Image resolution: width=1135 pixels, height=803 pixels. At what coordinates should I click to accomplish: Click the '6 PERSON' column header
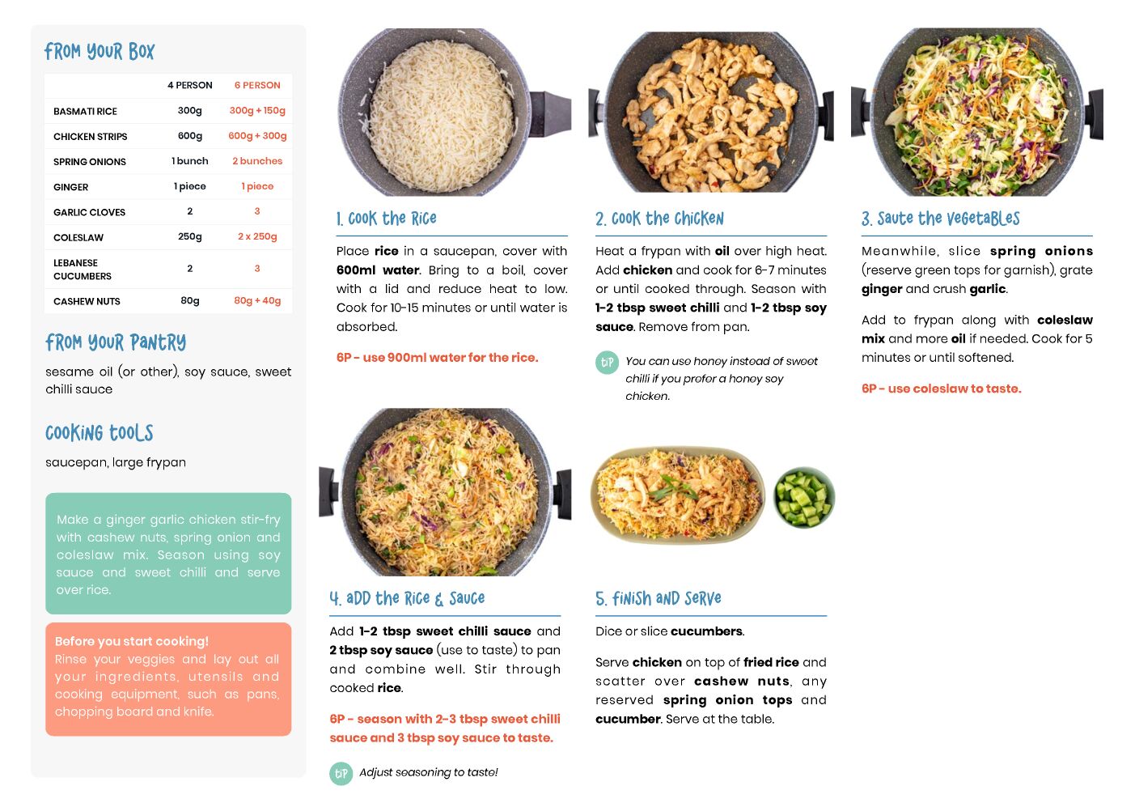257,85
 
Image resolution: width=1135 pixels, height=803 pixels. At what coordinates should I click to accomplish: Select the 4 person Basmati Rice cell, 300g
189,111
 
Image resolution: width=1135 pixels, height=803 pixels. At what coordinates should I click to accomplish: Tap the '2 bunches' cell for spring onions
257,161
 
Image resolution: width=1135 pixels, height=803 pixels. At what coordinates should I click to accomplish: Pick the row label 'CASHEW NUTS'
87,301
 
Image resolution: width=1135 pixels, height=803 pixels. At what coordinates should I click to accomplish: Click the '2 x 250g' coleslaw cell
257,236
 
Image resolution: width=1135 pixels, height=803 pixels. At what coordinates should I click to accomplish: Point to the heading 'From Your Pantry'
116,342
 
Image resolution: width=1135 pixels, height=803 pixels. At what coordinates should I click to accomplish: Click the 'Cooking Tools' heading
99,433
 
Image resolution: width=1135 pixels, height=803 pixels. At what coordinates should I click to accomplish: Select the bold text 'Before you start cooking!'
132,641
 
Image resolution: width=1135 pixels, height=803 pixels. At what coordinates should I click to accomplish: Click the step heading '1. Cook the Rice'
386,219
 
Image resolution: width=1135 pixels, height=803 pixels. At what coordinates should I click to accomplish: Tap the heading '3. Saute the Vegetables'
940,219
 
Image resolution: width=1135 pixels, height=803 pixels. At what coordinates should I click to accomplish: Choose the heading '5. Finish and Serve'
659,599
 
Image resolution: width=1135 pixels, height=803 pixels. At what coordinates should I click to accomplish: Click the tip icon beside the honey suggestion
607,363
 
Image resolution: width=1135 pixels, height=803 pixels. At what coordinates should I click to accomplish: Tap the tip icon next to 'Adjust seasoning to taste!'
341,774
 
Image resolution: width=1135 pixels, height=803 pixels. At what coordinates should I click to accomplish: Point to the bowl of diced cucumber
804,497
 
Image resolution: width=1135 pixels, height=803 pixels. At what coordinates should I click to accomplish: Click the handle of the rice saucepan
550,114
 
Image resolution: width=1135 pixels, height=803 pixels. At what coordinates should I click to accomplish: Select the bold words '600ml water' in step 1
378,270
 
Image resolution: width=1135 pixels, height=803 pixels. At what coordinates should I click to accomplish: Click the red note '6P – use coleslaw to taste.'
942,389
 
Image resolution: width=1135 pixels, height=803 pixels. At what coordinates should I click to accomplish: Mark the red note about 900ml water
438,358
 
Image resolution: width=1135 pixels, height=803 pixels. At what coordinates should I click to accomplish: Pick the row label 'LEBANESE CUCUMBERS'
82,270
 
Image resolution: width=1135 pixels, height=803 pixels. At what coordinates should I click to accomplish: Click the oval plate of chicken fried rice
677,495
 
